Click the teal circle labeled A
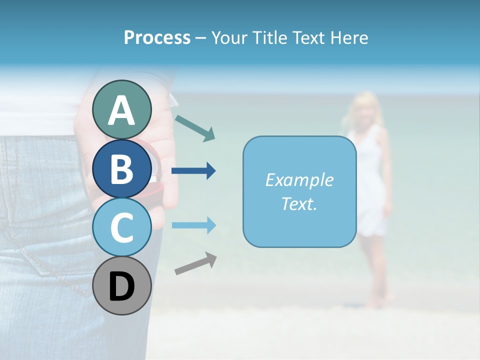click(122, 110)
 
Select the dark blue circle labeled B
click(122, 168)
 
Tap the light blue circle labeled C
click(122, 227)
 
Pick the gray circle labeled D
click(122, 286)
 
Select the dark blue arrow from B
click(193, 171)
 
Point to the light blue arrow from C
click(193, 225)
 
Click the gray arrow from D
click(195, 263)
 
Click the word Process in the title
click(157, 37)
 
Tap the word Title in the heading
click(269, 37)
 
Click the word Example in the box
click(299, 180)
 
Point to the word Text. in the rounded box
click(299, 203)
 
